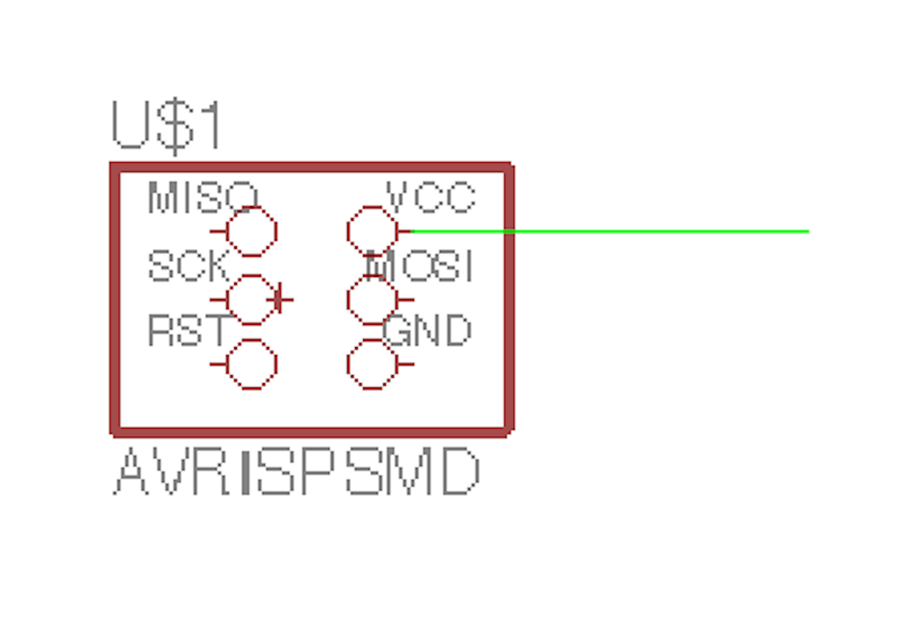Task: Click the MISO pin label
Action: tap(203, 198)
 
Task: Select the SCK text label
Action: tap(188, 266)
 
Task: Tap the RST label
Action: tap(187, 331)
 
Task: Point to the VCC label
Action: tap(431, 198)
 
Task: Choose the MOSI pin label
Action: tap(419, 266)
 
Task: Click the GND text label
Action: tap(428, 331)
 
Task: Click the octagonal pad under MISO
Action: tap(253, 231)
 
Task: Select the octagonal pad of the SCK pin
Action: tap(253, 300)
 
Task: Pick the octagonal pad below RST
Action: tap(253, 364)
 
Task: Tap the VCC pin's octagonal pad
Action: tap(372, 231)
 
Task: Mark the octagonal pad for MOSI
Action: tap(372, 300)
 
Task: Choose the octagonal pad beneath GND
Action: tap(372, 364)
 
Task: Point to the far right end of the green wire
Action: tap(806, 231)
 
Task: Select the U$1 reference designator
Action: tap(167, 126)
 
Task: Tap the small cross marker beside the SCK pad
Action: tap(280, 300)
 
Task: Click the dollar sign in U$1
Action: tap(178, 126)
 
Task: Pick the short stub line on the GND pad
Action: tap(404, 364)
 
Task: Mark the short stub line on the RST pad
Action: tap(218, 364)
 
